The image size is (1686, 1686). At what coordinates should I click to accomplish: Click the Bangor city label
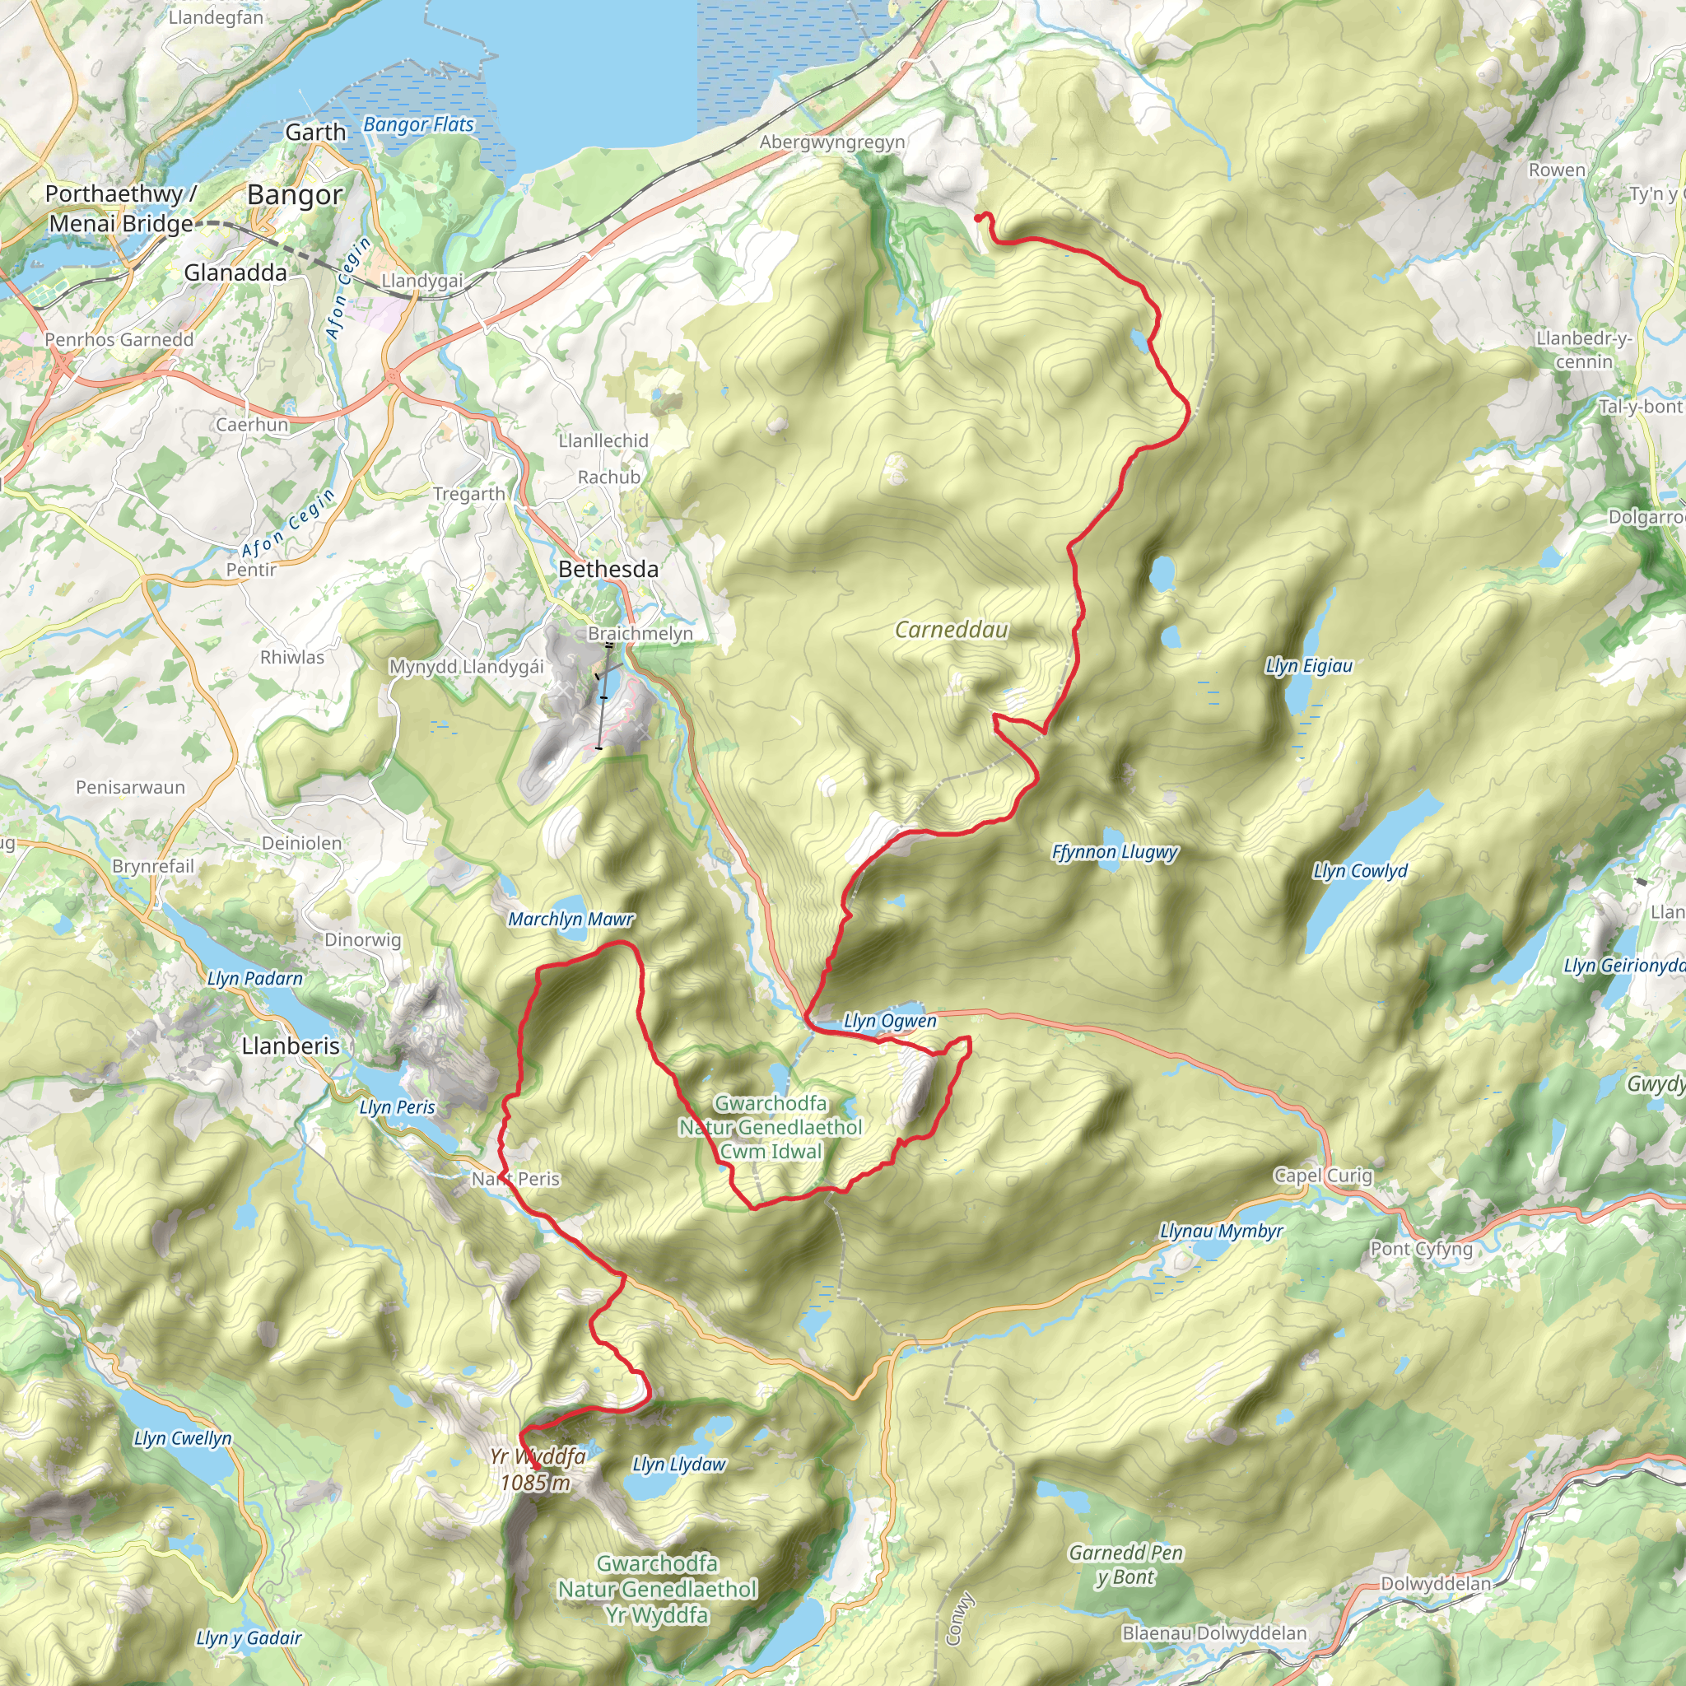[294, 194]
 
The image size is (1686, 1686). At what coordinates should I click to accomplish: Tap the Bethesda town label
[608, 569]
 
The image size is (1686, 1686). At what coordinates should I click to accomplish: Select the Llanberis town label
[291, 1046]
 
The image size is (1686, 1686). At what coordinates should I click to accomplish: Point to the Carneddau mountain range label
[951, 629]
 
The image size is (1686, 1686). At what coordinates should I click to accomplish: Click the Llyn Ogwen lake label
[889, 1020]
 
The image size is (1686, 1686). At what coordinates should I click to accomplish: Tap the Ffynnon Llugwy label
[1115, 852]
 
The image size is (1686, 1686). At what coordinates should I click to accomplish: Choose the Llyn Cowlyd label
[1360, 871]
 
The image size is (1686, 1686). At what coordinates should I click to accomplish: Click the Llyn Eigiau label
[1308, 666]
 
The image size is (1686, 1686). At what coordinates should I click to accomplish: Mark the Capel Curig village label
[1323, 1176]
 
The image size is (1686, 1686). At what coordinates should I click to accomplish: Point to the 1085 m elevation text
[535, 1482]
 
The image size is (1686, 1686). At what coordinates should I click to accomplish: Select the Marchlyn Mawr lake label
[571, 919]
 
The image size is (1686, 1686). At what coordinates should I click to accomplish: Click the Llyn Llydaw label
[678, 1465]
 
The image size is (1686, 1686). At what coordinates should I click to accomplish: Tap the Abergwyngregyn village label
[831, 142]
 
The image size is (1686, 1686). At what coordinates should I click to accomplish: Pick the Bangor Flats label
[418, 125]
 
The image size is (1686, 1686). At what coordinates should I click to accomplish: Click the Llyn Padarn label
[255, 978]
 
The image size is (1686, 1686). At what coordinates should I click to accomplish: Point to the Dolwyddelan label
[1436, 1583]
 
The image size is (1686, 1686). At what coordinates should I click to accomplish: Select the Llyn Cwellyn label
[183, 1438]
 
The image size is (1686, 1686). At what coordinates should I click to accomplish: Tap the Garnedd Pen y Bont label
[1125, 1565]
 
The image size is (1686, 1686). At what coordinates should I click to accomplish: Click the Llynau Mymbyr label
[1221, 1232]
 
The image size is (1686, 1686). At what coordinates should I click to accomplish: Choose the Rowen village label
[1556, 170]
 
